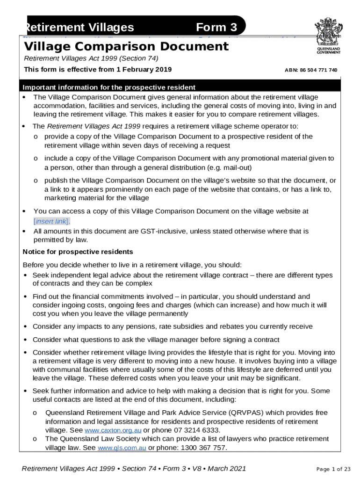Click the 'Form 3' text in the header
217,27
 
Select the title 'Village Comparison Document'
126,46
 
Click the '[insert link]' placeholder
51,221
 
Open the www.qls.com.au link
122,448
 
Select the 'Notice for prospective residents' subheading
78,252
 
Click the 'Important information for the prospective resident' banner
109,87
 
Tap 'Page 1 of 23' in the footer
333,469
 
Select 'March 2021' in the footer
226,469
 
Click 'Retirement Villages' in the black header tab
80,27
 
